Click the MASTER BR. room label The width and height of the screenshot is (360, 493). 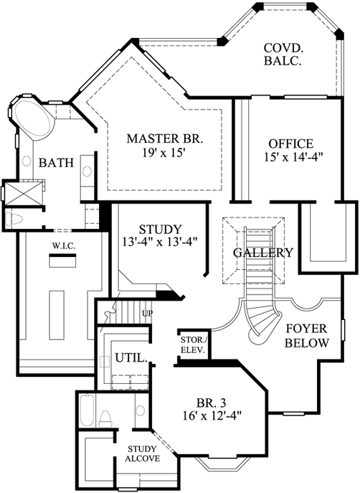[x=164, y=138]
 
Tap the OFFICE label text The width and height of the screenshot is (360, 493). [x=286, y=143]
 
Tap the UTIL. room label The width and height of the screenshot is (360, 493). [x=131, y=357]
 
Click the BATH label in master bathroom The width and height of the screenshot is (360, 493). [x=56, y=163]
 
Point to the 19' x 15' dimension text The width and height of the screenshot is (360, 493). [x=165, y=152]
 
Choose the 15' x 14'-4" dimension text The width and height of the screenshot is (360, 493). [x=287, y=157]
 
